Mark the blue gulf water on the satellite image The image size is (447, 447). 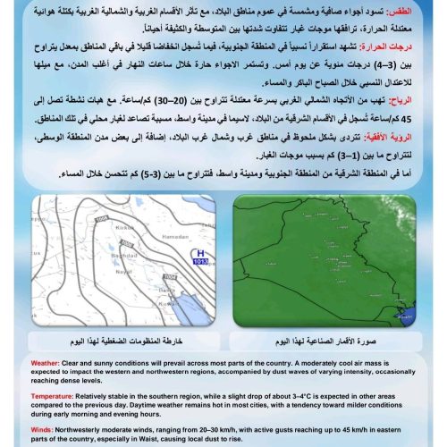409,315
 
